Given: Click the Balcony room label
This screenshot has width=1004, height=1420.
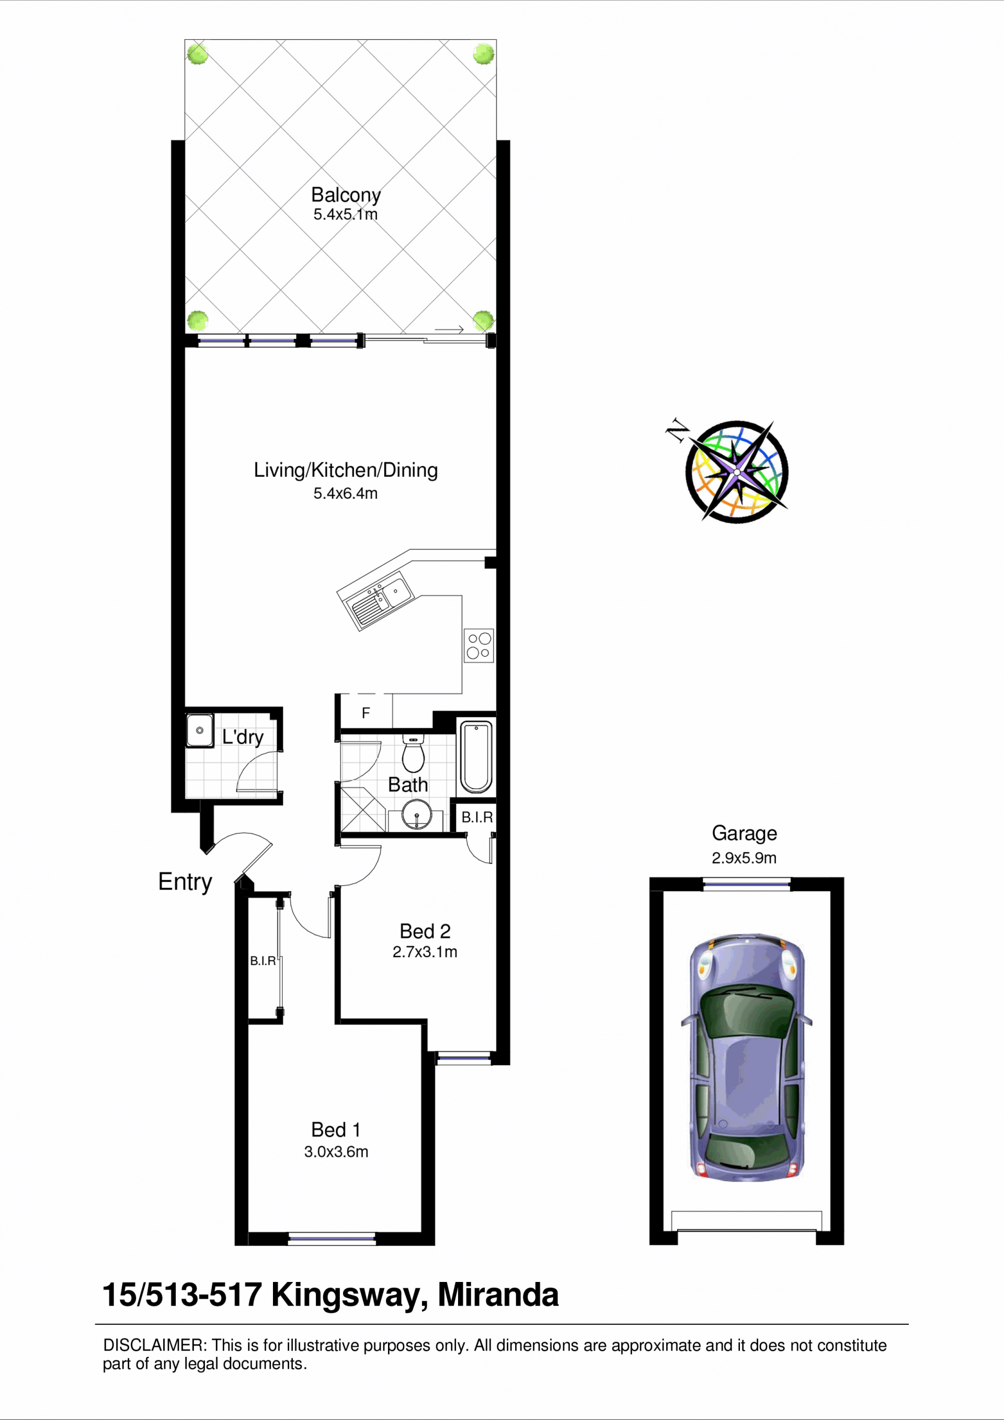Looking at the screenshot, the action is (346, 195).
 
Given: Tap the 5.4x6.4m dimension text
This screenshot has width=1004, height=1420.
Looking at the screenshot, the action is (345, 493).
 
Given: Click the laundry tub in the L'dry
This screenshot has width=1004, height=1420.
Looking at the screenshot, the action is (200, 730).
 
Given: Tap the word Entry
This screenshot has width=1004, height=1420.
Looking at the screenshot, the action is (185, 882).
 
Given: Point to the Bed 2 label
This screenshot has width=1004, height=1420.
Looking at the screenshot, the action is (425, 931).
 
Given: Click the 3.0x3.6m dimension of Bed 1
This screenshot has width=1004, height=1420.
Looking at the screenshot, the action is (336, 1152).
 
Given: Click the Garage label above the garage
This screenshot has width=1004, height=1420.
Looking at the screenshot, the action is (744, 833).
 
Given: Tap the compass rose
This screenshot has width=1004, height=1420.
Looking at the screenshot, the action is (737, 471).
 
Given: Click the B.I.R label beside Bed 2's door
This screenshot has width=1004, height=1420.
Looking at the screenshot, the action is (477, 817).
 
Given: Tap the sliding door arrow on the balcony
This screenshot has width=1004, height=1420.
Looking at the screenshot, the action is (449, 329).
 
